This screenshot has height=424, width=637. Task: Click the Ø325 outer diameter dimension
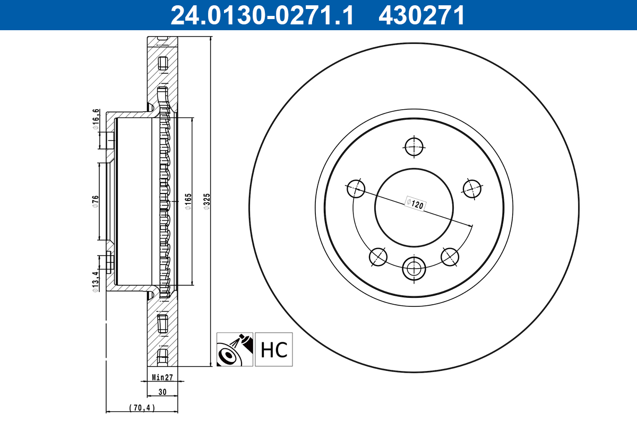(208, 201)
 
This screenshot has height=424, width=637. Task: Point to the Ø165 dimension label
(188, 201)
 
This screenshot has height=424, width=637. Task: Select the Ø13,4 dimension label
(96, 281)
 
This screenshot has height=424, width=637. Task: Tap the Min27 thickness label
(162, 378)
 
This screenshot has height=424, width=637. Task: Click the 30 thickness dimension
(162, 392)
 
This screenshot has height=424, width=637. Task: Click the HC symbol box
(274, 349)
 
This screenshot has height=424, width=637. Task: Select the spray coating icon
(235, 349)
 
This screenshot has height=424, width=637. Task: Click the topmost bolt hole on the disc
(414, 147)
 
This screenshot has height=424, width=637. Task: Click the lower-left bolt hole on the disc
(378, 257)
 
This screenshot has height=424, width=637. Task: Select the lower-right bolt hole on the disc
(450, 257)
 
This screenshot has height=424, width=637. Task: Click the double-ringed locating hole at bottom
(414, 268)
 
